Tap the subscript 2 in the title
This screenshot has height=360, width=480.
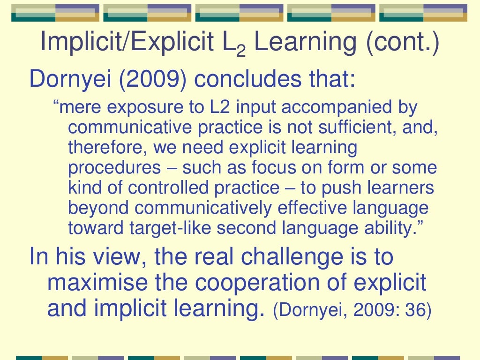click(x=241, y=51)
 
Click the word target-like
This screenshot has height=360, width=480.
click(x=163, y=228)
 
